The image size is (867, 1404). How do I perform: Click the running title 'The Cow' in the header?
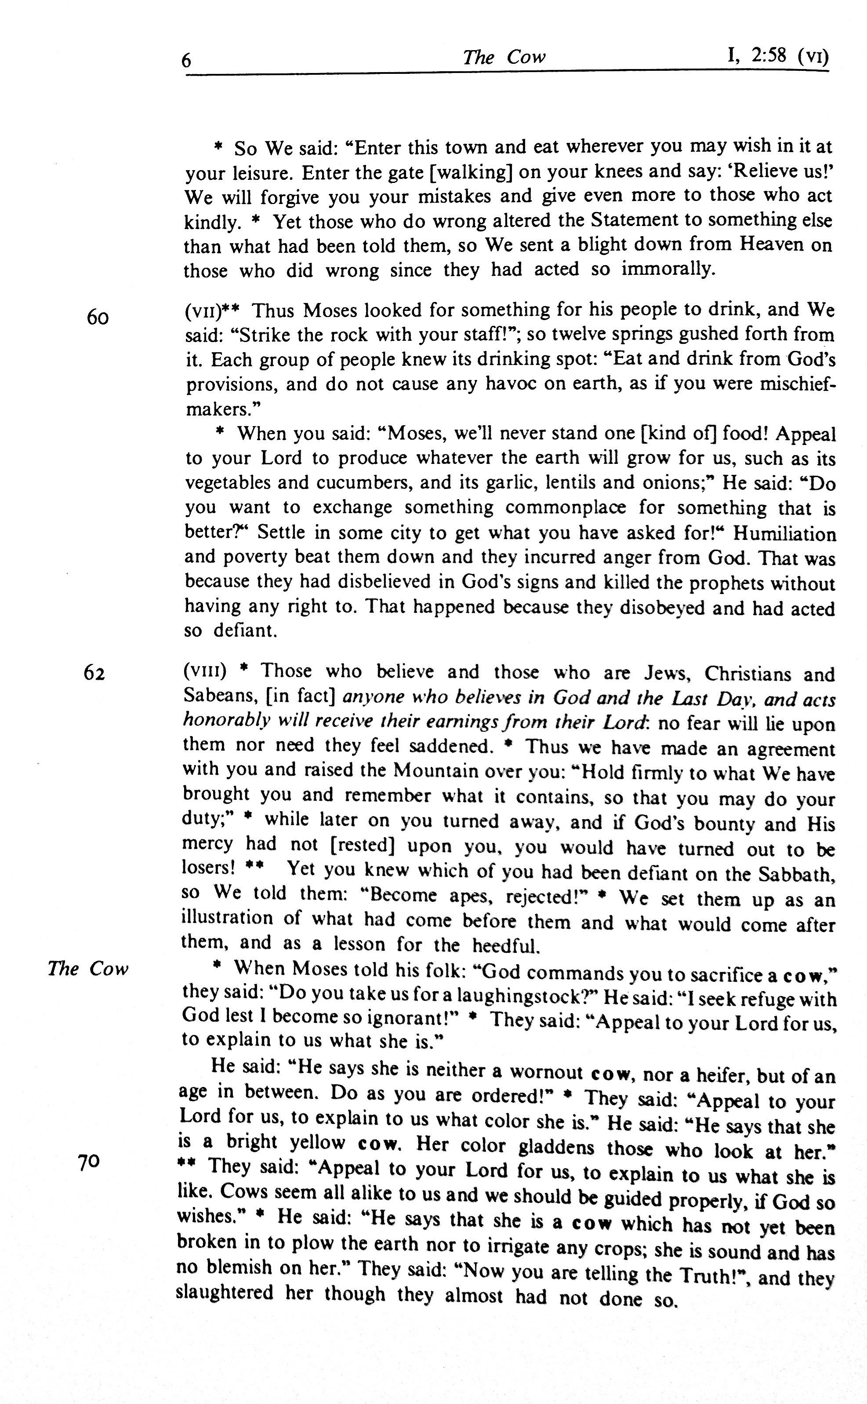[504, 57]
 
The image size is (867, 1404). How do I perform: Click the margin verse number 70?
[89, 1163]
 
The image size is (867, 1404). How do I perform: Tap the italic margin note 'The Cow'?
[88, 969]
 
